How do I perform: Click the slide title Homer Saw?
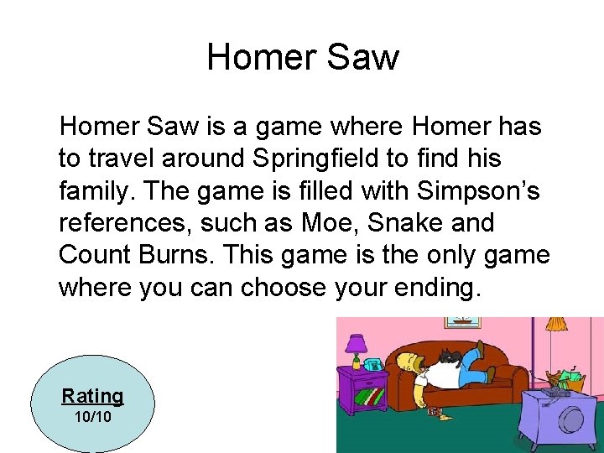[302, 58]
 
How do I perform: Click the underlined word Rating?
[92, 396]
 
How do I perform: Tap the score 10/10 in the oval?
[92, 417]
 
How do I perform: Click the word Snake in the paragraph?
[405, 223]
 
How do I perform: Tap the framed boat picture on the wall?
[460, 323]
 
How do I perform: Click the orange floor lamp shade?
[555, 323]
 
